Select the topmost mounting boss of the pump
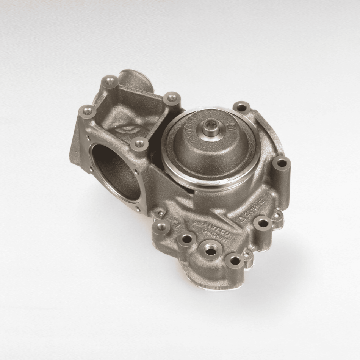(111, 80)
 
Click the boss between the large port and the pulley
(139, 144)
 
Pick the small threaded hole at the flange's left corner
(162, 227)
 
